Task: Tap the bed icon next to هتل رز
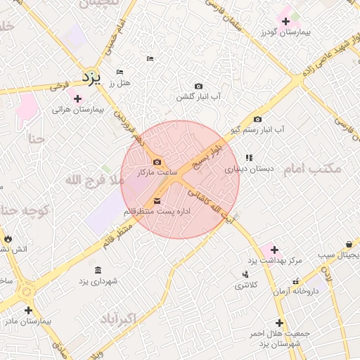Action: (120, 72)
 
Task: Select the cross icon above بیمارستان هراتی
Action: (77, 98)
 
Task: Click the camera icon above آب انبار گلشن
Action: (198, 85)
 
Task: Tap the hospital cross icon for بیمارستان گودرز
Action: (285, 22)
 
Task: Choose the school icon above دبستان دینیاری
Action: (249, 157)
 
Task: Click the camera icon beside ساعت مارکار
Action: (156, 162)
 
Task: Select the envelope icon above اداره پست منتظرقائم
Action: (156, 201)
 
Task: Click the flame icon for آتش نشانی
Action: (8, 239)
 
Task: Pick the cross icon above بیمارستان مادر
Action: (28, 309)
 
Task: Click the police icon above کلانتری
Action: (245, 274)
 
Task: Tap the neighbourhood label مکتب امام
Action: (312, 169)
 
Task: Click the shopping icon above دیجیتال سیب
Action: (349, 244)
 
